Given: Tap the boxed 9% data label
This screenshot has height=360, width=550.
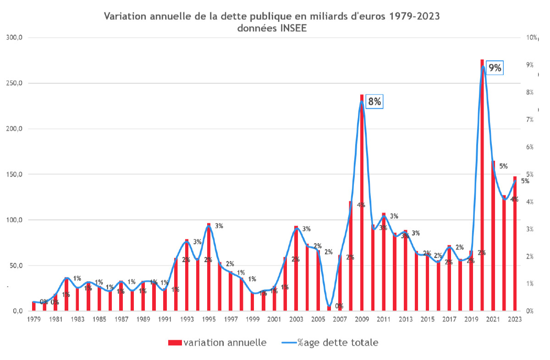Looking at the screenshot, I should (x=495, y=68).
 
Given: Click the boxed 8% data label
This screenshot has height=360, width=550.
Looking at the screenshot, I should (x=374, y=101).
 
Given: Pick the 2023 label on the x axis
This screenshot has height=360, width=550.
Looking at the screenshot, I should (x=515, y=319).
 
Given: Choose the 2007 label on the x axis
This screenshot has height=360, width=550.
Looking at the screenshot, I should (x=340, y=319).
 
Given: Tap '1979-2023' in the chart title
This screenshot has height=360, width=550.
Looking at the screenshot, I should (x=414, y=17).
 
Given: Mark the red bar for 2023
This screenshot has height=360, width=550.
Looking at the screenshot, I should (x=515, y=243).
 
